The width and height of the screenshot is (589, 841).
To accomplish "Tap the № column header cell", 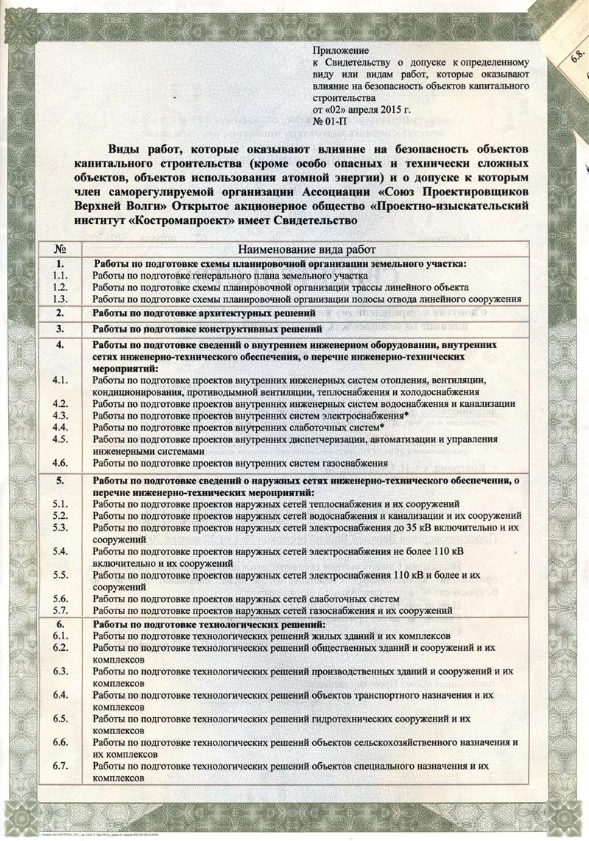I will (62, 251).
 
